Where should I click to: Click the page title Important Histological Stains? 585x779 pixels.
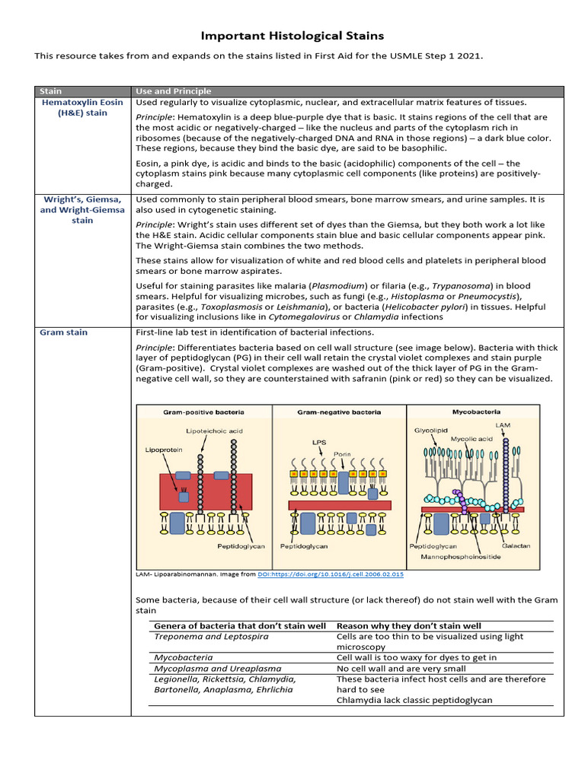[292, 36]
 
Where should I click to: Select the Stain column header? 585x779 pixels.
[50, 91]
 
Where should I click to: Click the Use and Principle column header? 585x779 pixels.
[173, 91]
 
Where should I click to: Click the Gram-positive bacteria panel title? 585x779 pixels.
[203, 412]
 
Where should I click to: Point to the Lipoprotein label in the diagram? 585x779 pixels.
[164, 450]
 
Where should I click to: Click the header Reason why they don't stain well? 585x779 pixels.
[409, 625]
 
